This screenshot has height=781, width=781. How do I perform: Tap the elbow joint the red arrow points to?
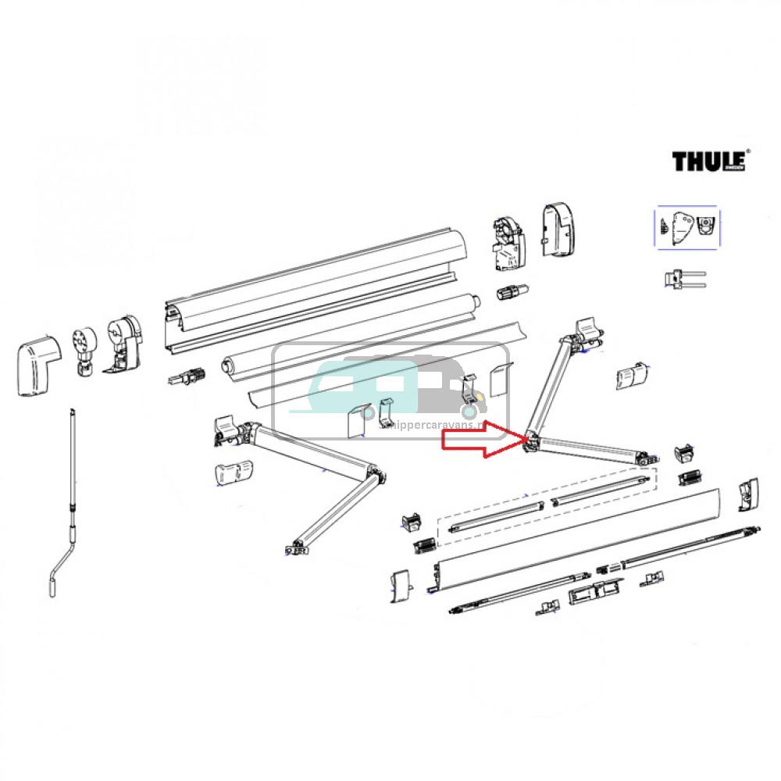[x=532, y=440]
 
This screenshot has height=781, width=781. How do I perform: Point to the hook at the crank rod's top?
[x=71, y=412]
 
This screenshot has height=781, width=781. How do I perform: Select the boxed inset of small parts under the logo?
[x=686, y=229]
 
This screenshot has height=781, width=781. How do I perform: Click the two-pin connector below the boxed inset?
[x=684, y=279]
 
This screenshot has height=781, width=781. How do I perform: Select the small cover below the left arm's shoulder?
[x=234, y=473]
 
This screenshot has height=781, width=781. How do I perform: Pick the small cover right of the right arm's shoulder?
[x=633, y=375]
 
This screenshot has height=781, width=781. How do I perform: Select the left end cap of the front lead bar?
[x=400, y=584]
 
